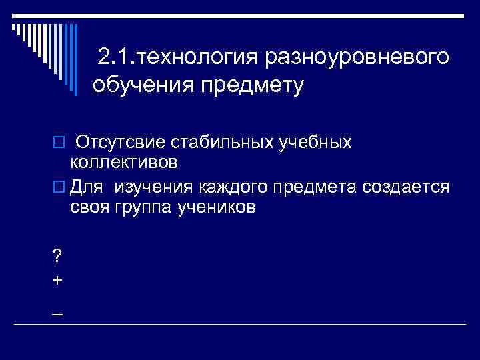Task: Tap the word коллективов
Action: click(x=124, y=162)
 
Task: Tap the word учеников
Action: click(x=216, y=207)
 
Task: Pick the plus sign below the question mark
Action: click(x=57, y=280)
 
